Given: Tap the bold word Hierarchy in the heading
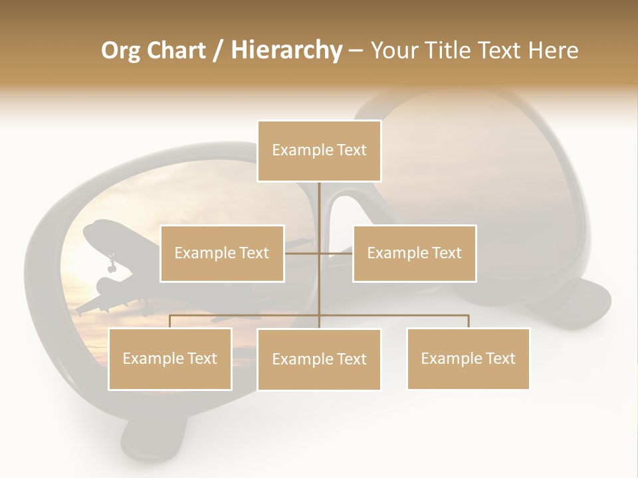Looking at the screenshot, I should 286,51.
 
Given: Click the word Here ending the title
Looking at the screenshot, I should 553,51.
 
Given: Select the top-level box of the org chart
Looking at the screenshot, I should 319,151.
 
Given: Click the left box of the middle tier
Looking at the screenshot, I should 222,253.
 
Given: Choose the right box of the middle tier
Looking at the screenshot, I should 415,253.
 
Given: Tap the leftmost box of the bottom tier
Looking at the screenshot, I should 170,359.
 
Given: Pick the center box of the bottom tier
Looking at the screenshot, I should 319,360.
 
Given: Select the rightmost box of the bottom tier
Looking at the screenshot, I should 469,359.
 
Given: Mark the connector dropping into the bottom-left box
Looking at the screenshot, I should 170,321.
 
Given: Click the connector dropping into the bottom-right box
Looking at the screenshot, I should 469,321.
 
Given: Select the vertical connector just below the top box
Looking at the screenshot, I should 319,199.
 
